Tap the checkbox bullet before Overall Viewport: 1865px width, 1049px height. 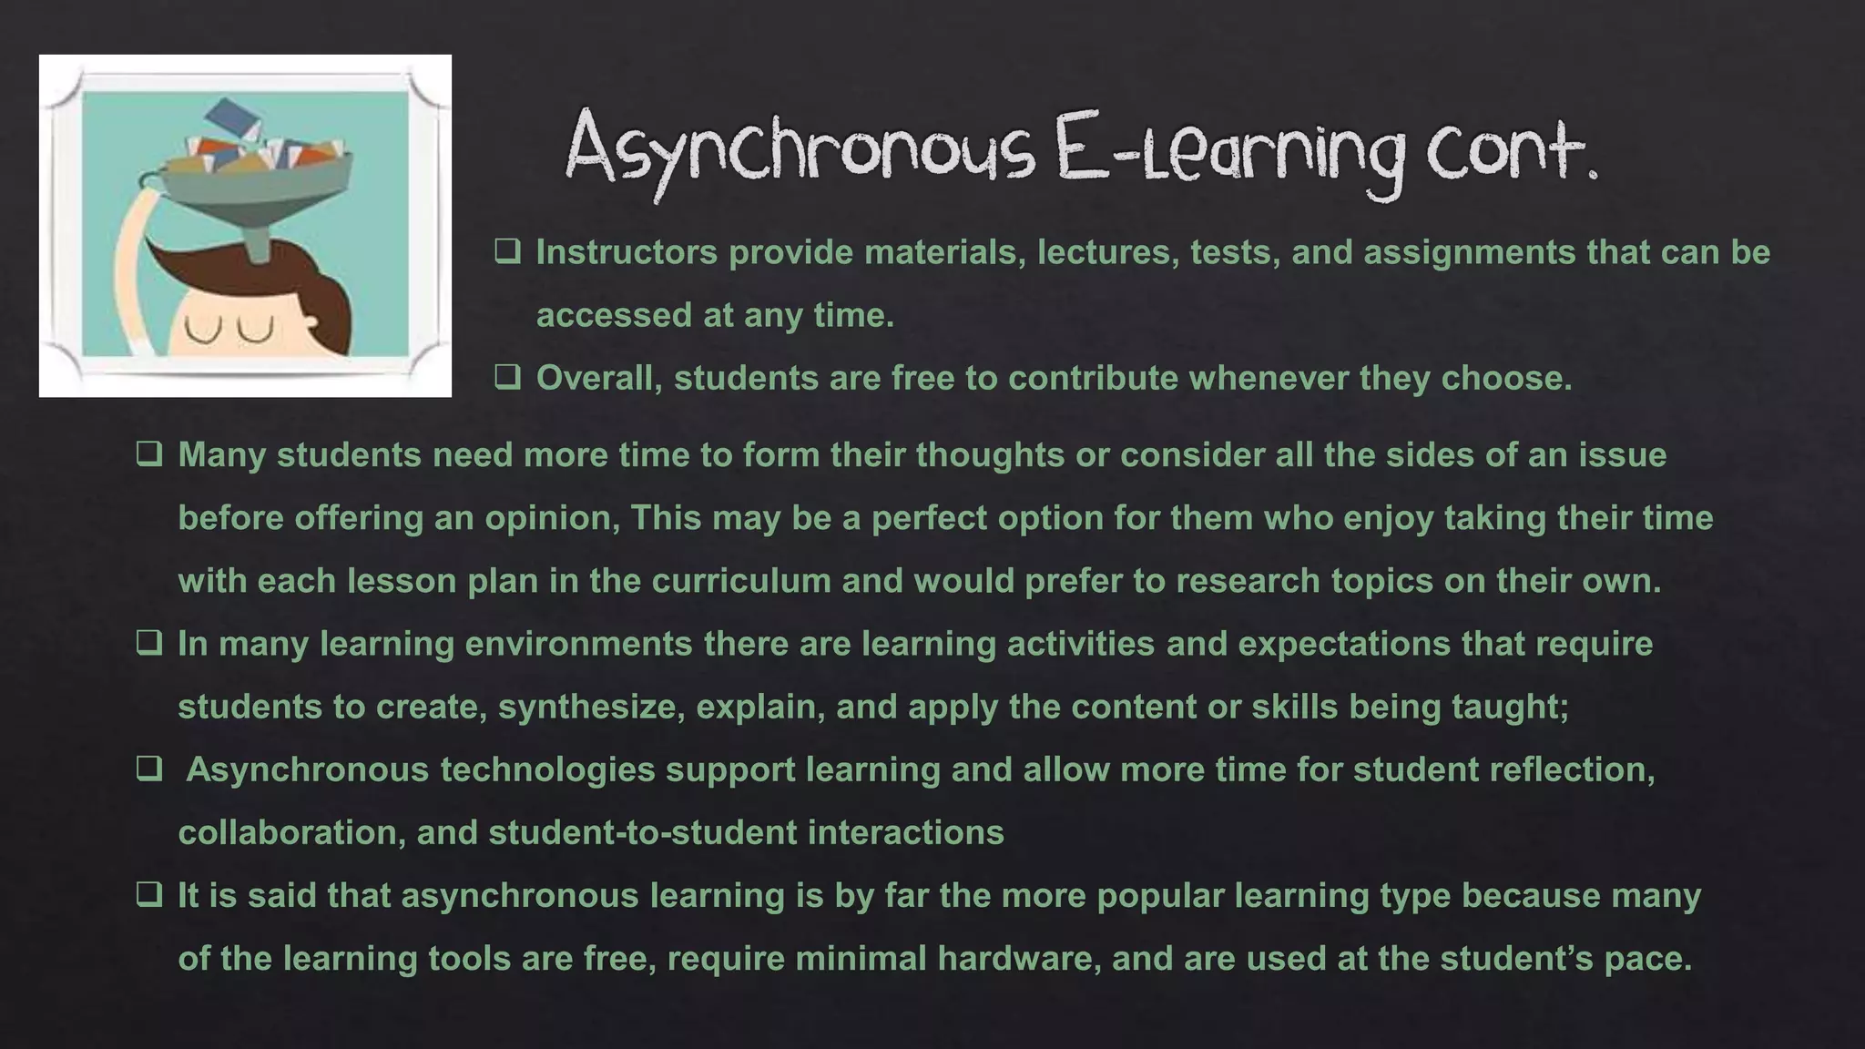507,377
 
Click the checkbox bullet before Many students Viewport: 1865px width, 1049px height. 149,453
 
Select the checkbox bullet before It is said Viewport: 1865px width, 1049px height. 149,894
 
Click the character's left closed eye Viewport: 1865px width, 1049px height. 198,329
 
